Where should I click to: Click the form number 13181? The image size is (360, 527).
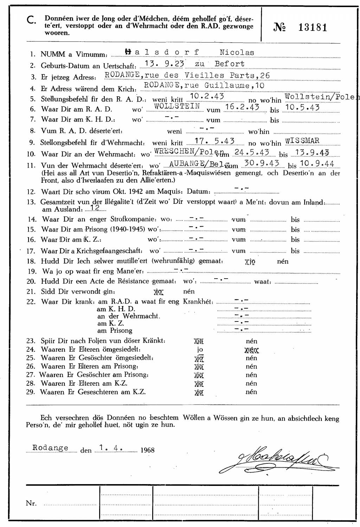click(x=313, y=27)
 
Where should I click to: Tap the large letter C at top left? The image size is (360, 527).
click(x=31, y=21)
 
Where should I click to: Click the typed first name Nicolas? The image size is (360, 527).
click(x=237, y=52)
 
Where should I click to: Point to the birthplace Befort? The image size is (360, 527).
click(x=230, y=64)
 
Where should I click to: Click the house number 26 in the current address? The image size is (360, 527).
click(x=265, y=75)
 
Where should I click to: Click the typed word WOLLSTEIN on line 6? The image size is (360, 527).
click(x=177, y=106)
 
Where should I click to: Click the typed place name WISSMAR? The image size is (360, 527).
click(x=302, y=141)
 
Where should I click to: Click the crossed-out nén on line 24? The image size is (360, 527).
click(x=251, y=350)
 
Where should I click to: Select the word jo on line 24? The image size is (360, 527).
click(x=200, y=350)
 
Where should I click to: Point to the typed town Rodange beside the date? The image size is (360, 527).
click(x=50, y=448)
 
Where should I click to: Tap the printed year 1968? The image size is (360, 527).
click(x=147, y=450)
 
